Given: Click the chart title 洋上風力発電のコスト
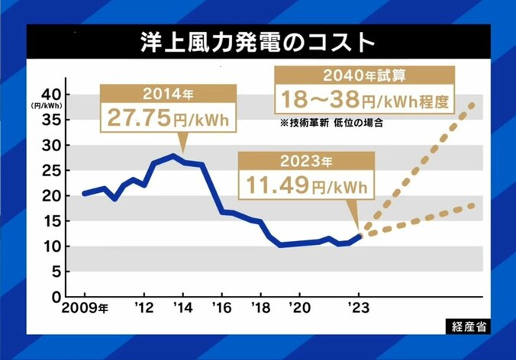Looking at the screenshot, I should point(258,43).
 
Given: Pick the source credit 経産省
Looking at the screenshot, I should point(467,326).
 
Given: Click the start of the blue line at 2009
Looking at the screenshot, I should point(84,194).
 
